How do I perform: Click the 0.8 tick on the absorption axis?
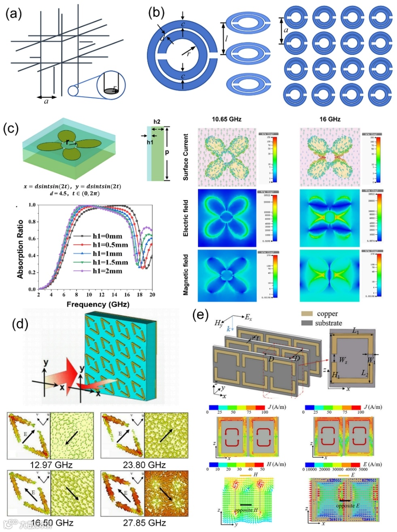click(x=32, y=222)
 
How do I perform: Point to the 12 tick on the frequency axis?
click(x=102, y=295)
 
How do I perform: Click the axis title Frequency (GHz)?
click(x=96, y=305)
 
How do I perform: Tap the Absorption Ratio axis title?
click(x=20, y=249)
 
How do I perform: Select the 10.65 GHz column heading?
click(x=227, y=119)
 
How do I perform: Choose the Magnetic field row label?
click(x=186, y=274)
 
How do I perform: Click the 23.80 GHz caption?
click(x=144, y=464)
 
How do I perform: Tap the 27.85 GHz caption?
click(x=144, y=523)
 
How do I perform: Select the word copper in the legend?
click(x=327, y=314)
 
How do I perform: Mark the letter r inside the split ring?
click(x=189, y=53)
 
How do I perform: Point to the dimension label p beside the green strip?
click(x=166, y=153)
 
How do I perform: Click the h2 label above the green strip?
click(x=157, y=122)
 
